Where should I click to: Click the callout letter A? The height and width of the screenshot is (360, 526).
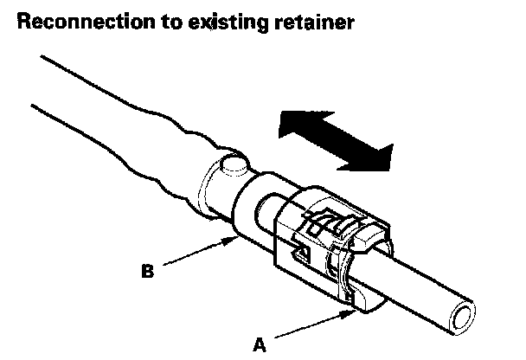click(259, 344)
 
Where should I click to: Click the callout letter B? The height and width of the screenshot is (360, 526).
click(149, 270)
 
